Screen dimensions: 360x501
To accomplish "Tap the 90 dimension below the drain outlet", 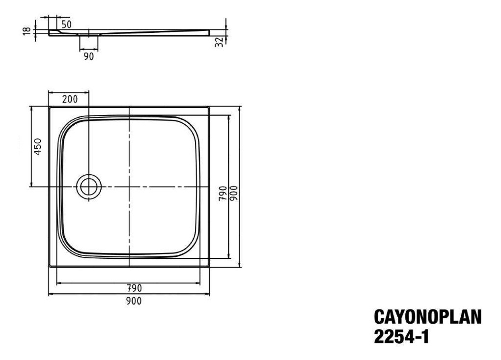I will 88,56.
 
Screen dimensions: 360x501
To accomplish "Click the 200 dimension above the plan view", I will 70,99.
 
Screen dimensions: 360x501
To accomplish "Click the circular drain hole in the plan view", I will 89,187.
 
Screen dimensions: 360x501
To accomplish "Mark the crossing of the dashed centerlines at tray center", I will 129,187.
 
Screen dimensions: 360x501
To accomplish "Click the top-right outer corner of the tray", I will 210,106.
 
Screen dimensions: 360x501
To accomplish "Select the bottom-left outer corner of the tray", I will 49,267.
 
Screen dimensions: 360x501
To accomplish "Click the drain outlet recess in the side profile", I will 88,35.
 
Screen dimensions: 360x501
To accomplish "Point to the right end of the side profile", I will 208,32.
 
